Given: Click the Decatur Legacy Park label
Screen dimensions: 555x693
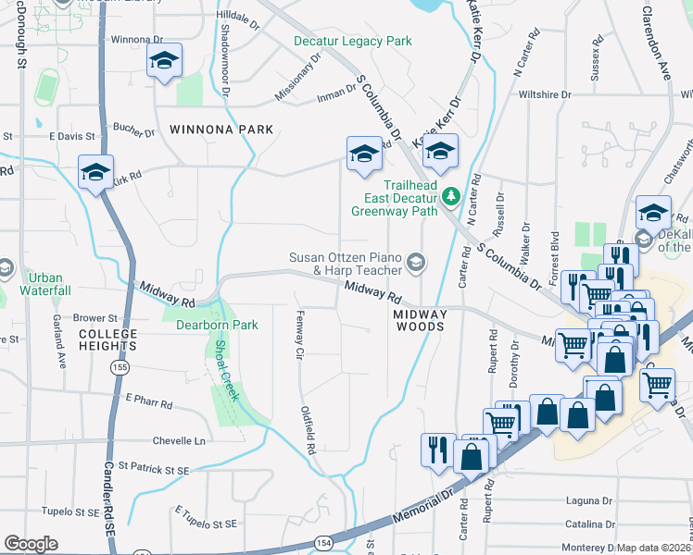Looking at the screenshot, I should click(353, 42).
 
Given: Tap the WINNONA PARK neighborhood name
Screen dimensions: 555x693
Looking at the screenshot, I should click(221, 129).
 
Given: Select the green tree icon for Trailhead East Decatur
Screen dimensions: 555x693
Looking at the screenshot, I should click(451, 195).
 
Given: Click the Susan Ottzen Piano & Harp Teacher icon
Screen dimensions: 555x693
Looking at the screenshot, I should click(416, 264).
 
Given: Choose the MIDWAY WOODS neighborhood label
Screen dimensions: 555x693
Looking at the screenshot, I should click(421, 320).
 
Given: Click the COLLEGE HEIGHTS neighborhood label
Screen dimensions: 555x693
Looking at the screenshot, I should click(107, 339).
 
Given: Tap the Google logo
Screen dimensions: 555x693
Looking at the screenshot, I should click(31, 544).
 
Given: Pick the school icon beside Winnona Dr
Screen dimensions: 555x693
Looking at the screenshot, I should click(164, 62).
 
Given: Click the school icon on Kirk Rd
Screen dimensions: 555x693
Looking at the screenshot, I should click(95, 173).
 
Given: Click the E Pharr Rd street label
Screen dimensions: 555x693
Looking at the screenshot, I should click(149, 401).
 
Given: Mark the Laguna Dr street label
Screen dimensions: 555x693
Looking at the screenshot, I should click(590, 500).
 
